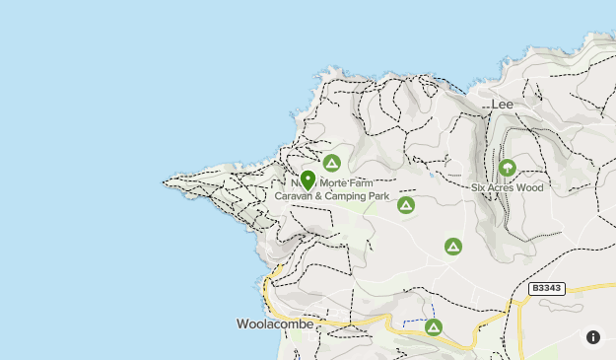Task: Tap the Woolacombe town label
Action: tap(275, 324)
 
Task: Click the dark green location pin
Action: tap(308, 180)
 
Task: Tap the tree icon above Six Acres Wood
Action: tap(508, 168)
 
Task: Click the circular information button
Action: tap(592, 336)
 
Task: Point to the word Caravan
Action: tap(293, 196)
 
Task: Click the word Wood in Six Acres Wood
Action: tap(529, 186)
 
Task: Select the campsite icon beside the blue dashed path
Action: tap(434, 327)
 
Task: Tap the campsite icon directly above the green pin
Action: tap(332, 162)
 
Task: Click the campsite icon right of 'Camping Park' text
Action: tap(405, 204)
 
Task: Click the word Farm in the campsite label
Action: tap(361, 183)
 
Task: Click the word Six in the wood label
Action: tap(478, 186)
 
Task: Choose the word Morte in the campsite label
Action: tap(330, 183)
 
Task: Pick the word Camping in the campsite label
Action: tap(343, 196)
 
